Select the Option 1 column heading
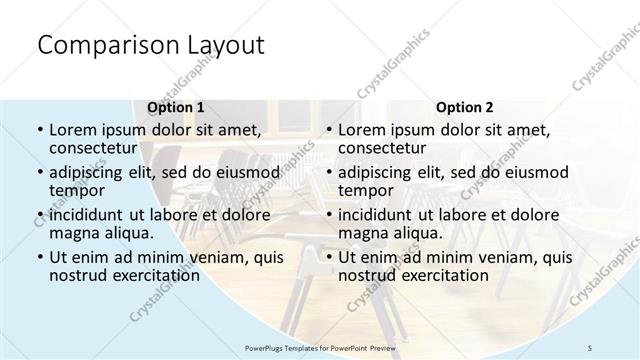click(176, 106)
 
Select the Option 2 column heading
click(465, 106)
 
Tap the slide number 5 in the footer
click(591, 347)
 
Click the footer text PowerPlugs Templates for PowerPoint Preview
click(319, 347)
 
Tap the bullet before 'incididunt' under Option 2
click(328, 215)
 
